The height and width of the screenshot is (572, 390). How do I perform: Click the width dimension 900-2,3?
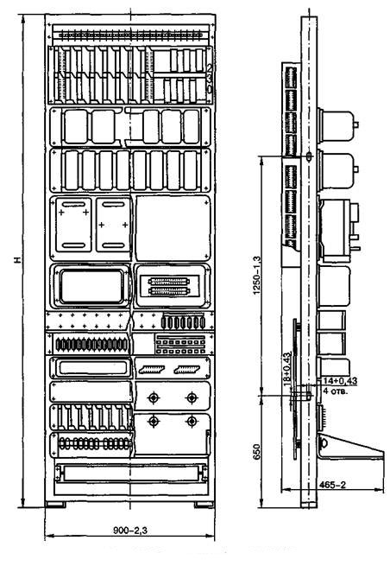(x=130, y=530)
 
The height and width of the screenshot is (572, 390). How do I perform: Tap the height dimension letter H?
(x=17, y=260)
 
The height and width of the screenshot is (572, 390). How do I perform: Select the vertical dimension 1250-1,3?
(x=257, y=276)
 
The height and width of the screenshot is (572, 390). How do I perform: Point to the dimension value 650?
(x=257, y=452)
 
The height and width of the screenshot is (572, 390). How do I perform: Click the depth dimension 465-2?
(x=332, y=485)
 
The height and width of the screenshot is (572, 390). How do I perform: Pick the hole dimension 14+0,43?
(x=340, y=380)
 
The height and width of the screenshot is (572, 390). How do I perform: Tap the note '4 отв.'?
(x=336, y=391)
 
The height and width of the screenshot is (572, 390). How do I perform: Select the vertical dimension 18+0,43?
(x=287, y=369)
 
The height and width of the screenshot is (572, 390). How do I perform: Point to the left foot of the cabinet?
(x=56, y=505)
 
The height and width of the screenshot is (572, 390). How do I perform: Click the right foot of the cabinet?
(x=204, y=505)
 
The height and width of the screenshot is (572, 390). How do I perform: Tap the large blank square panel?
(x=173, y=228)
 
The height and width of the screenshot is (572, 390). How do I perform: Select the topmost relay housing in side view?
(x=337, y=125)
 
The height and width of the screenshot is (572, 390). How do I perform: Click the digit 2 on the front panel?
(x=210, y=67)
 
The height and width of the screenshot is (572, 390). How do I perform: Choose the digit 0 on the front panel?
(x=210, y=89)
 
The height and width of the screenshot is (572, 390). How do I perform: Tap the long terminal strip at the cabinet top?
(x=130, y=35)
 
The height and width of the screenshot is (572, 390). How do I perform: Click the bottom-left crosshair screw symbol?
(x=154, y=422)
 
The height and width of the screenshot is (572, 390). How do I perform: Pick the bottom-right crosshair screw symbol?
(x=192, y=422)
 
